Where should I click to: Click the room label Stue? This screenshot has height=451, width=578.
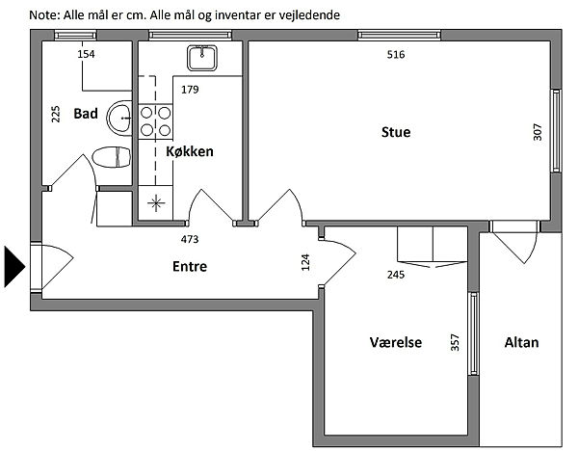(396, 132)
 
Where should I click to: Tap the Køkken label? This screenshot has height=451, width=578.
(190, 151)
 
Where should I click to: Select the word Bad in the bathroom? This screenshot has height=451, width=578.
(86, 113)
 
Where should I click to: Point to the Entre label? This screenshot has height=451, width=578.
(190, 266)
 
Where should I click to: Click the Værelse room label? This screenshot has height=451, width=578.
(396, 342)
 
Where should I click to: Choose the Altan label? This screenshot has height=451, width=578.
(521, 342)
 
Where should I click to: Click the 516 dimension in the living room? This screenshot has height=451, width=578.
(396, 55)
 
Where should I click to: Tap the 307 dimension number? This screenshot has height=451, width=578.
(538, 132)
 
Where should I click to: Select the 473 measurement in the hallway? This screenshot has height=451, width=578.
(190, 239)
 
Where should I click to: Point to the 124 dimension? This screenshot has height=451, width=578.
(305, 262)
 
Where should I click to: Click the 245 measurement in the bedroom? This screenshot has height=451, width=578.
(396, 275)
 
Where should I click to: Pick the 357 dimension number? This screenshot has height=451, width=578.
(456, 342)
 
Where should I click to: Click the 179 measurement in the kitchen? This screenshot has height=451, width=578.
(190, 90)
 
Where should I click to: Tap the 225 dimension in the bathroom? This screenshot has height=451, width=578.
(55, 115)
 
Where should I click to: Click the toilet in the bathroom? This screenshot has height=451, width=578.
(112, 157)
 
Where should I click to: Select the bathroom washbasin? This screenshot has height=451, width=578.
(119, 118)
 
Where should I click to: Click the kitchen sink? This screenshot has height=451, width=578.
(202, 58)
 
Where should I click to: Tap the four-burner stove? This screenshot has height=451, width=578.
(155, 121)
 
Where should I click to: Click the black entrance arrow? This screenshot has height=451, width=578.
(14, 267)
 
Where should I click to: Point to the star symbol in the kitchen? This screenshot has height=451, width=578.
(155, 202)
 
